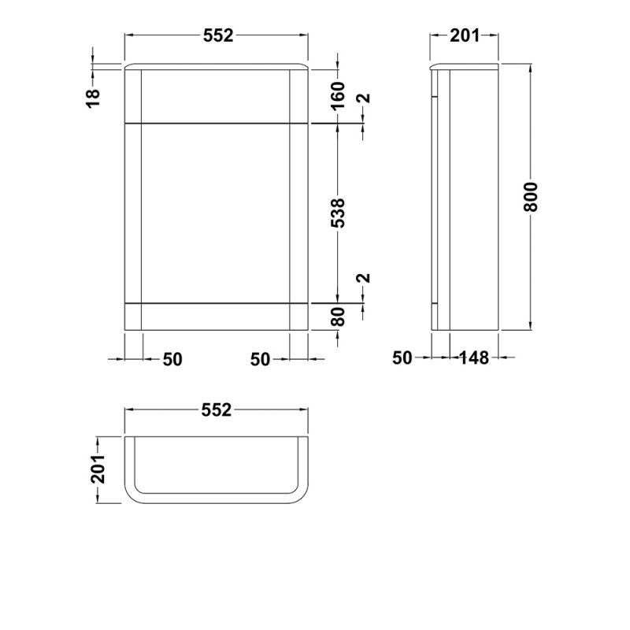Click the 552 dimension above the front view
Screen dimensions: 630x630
(x=217, y=35)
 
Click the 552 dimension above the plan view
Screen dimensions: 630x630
(x=217, y=409)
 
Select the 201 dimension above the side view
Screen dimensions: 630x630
(x=465, y=35)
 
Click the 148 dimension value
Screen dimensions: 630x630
(x=474, y=358)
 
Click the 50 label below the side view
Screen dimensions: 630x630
(x=402, y=358)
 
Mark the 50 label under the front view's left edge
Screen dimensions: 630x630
(x=172, y=359)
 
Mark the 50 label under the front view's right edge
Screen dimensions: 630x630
(x=261, y=359)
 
